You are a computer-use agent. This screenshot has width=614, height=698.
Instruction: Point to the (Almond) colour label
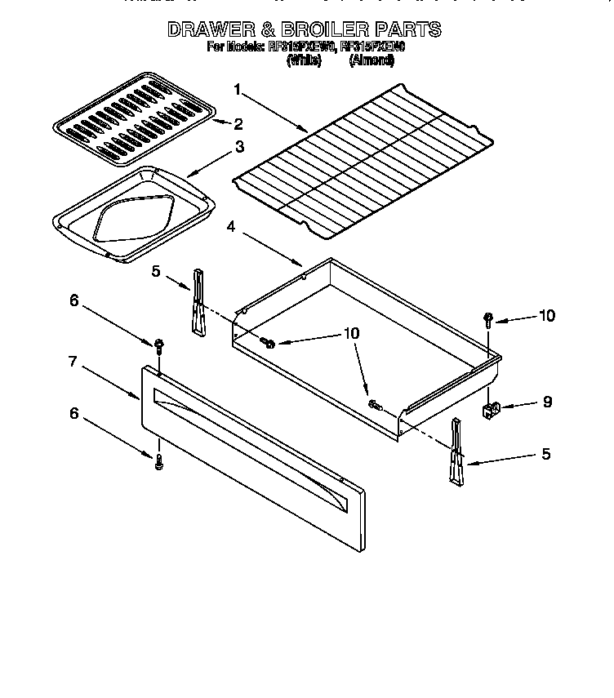pyautogui.click(x=372, y=61)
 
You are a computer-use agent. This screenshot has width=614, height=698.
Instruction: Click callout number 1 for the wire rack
pyautogui.click(x=238, y=89)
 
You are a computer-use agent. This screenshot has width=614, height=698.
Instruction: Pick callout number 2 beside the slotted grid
pyautogui.click(x=238, y=124)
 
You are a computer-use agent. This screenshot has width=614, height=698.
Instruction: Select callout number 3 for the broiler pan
pyautogui.click(x=238, y=147)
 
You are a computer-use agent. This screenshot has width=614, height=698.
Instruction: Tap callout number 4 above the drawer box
pyautogui.click(x=232, y=228)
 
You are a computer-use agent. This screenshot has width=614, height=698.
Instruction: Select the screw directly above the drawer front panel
pyautogui.click(x=159, y=346)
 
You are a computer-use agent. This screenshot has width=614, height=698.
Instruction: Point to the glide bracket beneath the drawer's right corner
pyautogui.click(x=455, y=453)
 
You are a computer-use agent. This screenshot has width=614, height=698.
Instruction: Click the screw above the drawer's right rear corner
pyautogui.click(x=487, y=318)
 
